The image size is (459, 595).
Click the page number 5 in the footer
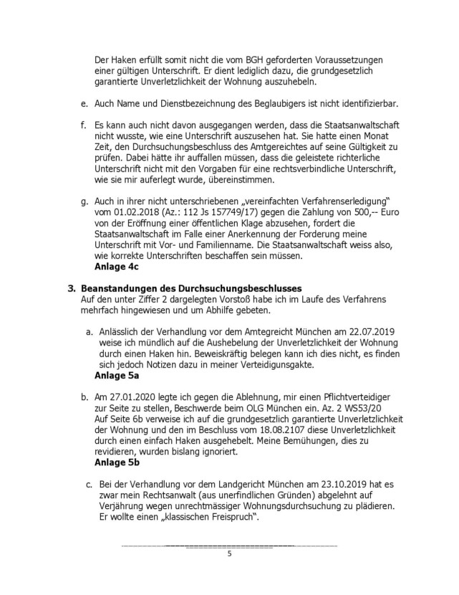point(229,554)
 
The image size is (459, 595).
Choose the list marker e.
point(83,105)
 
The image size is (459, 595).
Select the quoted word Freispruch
point(220,517)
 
